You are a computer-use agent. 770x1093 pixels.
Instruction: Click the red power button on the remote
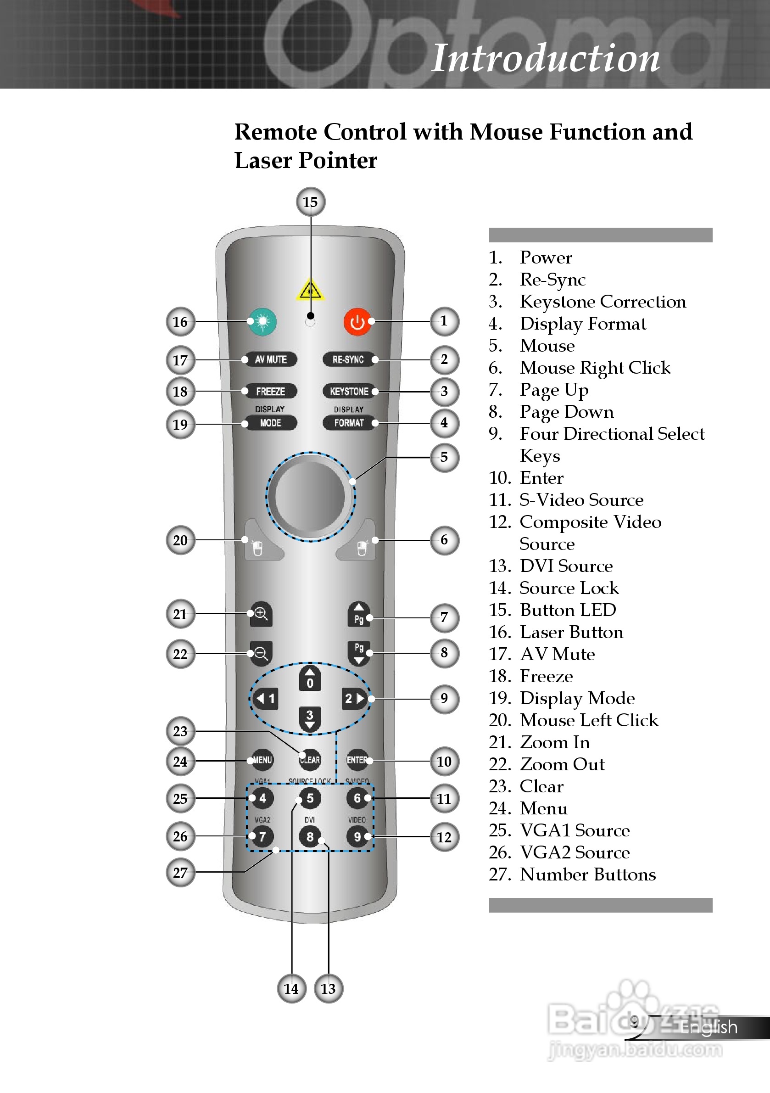[357, 322]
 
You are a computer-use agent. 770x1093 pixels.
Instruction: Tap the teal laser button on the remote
[262, 322]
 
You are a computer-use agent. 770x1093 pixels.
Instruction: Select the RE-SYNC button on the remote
[348, 359]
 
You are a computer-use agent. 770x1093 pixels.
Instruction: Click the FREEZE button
[270, 391]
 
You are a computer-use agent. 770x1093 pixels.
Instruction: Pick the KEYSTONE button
[349, 391]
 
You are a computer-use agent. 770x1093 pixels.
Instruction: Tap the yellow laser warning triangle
[310, 290]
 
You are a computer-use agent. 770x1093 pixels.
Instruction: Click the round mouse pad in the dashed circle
[310, 497]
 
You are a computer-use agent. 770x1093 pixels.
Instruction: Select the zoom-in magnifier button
[261, 614]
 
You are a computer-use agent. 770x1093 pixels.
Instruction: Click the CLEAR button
[310, 760]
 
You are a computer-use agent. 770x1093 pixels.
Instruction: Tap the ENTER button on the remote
[357, 760]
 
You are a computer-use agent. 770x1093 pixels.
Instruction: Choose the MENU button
[262, 760]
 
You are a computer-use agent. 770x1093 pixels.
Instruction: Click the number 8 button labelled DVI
[310, 836]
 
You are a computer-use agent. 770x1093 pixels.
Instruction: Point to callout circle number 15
[310, 202]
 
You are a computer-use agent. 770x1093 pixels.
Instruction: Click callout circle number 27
[180, 873]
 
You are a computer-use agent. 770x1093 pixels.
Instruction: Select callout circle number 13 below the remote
[329, 989]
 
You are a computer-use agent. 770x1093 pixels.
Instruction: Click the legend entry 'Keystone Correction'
[603, 302]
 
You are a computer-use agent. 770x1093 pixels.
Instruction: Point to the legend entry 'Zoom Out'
[562, 764]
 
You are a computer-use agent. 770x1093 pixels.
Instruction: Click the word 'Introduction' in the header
[545, 58]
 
